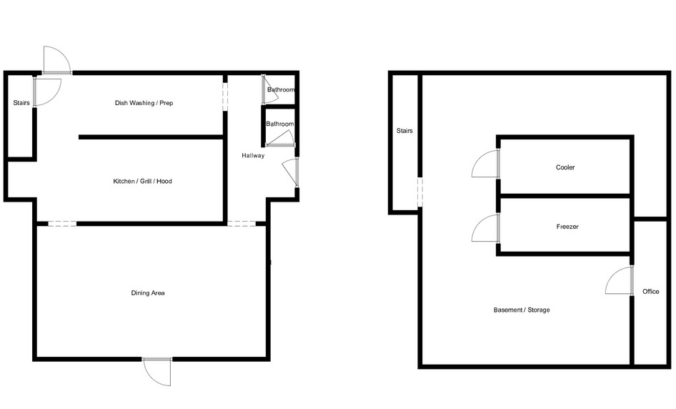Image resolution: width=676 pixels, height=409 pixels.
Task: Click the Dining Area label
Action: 148,293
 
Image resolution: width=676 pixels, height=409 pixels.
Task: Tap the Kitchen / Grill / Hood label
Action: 142,181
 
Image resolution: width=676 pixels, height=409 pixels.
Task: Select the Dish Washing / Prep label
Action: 144,103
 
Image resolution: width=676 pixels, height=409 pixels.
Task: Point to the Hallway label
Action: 253,155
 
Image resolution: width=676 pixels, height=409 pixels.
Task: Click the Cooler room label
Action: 565,167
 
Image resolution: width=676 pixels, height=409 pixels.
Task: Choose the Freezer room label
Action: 567,227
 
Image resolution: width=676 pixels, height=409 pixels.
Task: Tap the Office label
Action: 650,292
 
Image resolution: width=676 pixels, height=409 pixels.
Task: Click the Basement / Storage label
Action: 522,310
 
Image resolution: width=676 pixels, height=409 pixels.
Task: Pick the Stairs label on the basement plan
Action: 404,131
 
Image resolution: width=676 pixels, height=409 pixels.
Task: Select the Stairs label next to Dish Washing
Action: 21,103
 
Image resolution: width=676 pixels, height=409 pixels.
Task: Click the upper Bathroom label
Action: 281,90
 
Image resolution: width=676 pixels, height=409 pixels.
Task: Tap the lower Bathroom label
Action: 280,124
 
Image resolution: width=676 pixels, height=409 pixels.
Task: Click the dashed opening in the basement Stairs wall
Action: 419,192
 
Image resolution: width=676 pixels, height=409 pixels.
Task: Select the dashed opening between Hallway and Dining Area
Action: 242,224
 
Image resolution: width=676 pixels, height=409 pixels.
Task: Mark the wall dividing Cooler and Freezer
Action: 565,196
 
